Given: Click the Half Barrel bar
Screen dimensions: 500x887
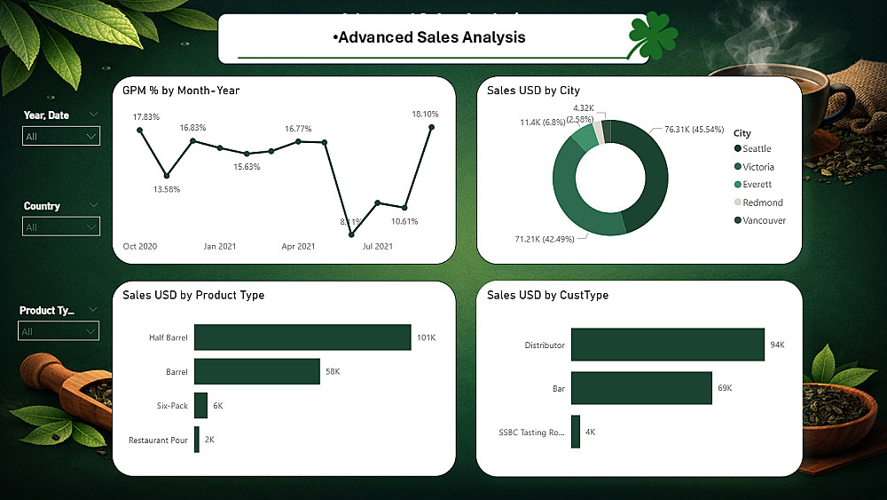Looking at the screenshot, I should click(302, 337).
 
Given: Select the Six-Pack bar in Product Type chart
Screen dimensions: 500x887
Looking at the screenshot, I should click(200, 405).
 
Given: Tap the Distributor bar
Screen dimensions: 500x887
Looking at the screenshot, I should click(667, 345).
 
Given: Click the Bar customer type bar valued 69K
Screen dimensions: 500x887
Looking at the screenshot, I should click(640, 388).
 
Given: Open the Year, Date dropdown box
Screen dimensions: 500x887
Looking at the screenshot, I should click(61, 137).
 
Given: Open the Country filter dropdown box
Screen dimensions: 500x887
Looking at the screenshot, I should click(61, 227).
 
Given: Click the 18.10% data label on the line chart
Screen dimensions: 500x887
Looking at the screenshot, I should click(426, 114).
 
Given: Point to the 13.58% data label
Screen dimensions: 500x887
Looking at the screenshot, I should click(167, 189).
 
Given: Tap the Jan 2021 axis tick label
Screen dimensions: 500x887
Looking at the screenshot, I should click(219, 246).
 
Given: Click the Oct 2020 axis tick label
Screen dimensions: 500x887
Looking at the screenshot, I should click(140, 246).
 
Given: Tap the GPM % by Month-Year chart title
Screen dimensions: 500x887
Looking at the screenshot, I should click(181, 91).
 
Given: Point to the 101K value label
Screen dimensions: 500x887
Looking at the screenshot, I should click(426, 337).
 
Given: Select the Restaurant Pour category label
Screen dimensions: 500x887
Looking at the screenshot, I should click(158, 440).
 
